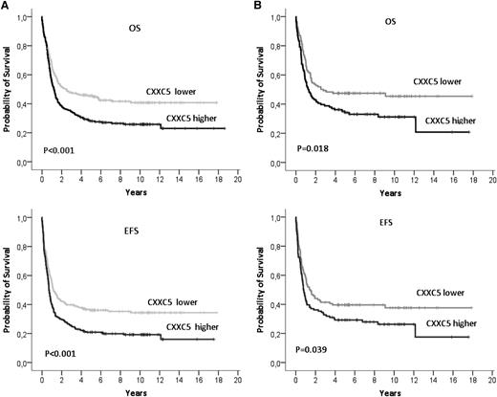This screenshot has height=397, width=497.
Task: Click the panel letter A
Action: [x=6, y=6]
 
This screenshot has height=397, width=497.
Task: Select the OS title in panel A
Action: [x=140, y=28]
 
